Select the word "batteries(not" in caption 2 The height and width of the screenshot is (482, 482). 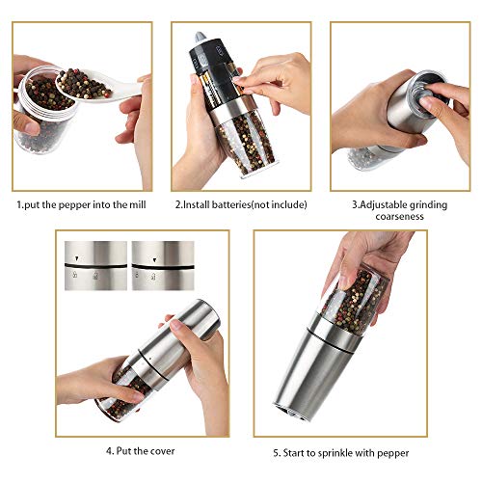(239, 204)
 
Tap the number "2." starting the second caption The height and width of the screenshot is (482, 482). (178, 204)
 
